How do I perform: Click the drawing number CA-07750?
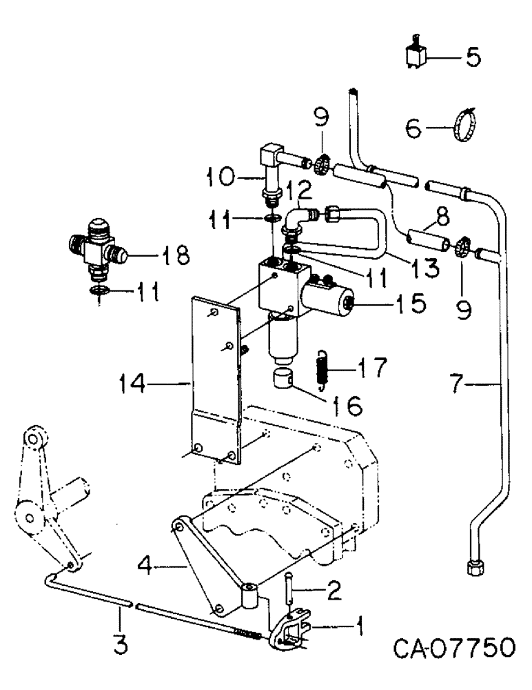pos(454,649)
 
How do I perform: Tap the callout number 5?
pos(473,57)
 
